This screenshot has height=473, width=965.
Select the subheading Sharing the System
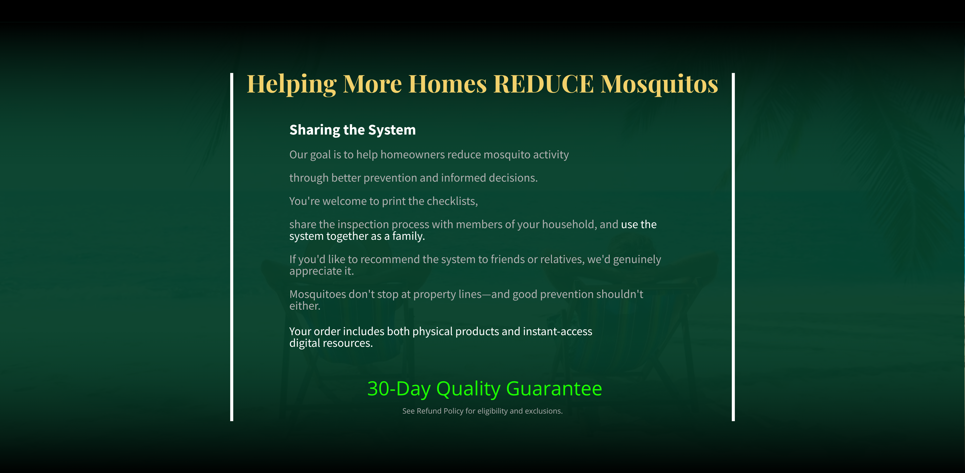pyautogui.click(x=353, y=130)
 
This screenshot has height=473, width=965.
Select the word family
pyautogui.click(x=408, y=236)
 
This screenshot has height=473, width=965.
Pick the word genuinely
pyautogui.click(x=637, y=260)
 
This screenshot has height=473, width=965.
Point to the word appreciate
pyautogui.click(x=315, y=271)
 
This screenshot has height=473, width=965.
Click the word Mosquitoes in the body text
pyautogui.click(x=318, y=294)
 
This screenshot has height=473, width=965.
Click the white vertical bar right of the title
pyautogui.click(x=733, y=247)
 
